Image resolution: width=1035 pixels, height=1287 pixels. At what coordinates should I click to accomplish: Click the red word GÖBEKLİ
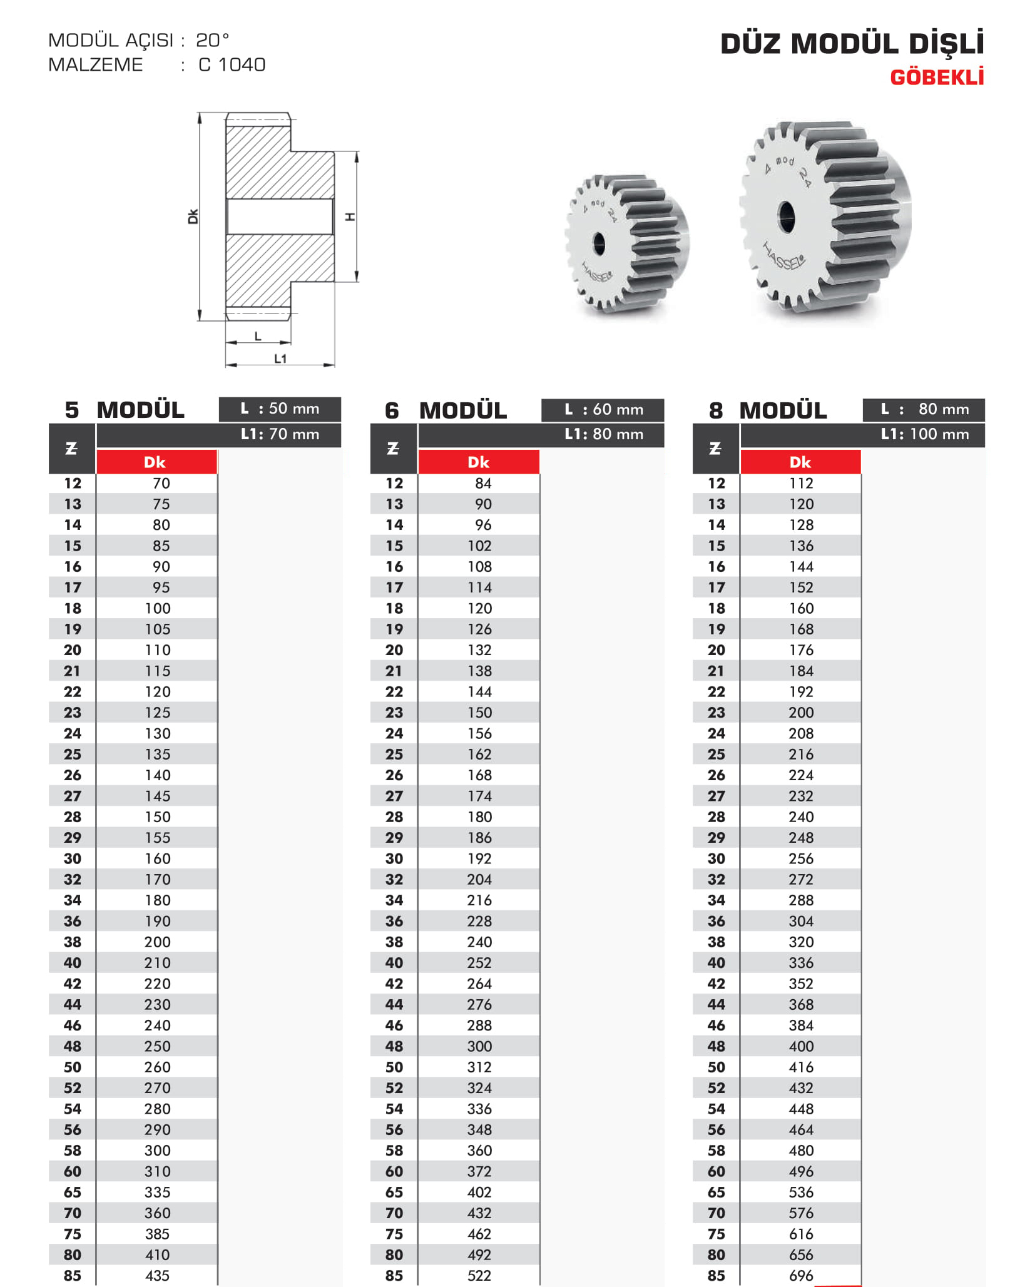coord(936,77)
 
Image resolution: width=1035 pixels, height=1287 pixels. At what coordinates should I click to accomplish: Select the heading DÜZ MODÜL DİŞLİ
coord(852,44)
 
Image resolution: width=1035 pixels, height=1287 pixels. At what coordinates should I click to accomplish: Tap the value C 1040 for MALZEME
coord(232,64)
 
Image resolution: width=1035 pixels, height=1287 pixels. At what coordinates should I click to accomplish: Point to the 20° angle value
coord(212,40)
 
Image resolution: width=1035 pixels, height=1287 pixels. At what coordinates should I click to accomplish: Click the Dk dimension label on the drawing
coord(193,216)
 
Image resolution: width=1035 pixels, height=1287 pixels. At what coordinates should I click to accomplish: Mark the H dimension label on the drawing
coord(350,216)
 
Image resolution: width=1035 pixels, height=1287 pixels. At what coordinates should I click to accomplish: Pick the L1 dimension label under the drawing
coord(280,359)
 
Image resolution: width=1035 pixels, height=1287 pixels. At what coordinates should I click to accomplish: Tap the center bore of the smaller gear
coord(599,243)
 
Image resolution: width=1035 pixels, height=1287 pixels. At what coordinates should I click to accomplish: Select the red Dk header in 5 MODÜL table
coord(155,462)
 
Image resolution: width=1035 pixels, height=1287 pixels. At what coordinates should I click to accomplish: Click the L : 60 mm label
coord(603,409)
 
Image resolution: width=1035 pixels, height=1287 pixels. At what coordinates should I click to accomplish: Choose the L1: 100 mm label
coord(924,434)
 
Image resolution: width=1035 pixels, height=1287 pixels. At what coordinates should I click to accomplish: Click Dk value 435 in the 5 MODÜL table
coord(157,1275)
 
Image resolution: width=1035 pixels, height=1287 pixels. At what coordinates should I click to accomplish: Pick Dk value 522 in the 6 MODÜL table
coord(479,1275)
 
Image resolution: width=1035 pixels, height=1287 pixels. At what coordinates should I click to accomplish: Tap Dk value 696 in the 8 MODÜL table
coord(801,1275)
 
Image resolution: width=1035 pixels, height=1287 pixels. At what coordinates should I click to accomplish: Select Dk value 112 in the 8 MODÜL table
coord(801,483)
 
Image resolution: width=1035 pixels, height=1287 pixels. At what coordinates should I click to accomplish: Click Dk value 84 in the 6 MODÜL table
coord(482,483)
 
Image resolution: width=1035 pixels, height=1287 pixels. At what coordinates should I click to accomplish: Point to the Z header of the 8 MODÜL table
coord(715,449)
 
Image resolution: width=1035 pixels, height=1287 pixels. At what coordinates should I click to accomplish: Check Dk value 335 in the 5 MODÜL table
coord(157,1192)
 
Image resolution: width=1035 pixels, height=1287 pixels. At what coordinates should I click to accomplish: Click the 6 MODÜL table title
coord(446,410)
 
